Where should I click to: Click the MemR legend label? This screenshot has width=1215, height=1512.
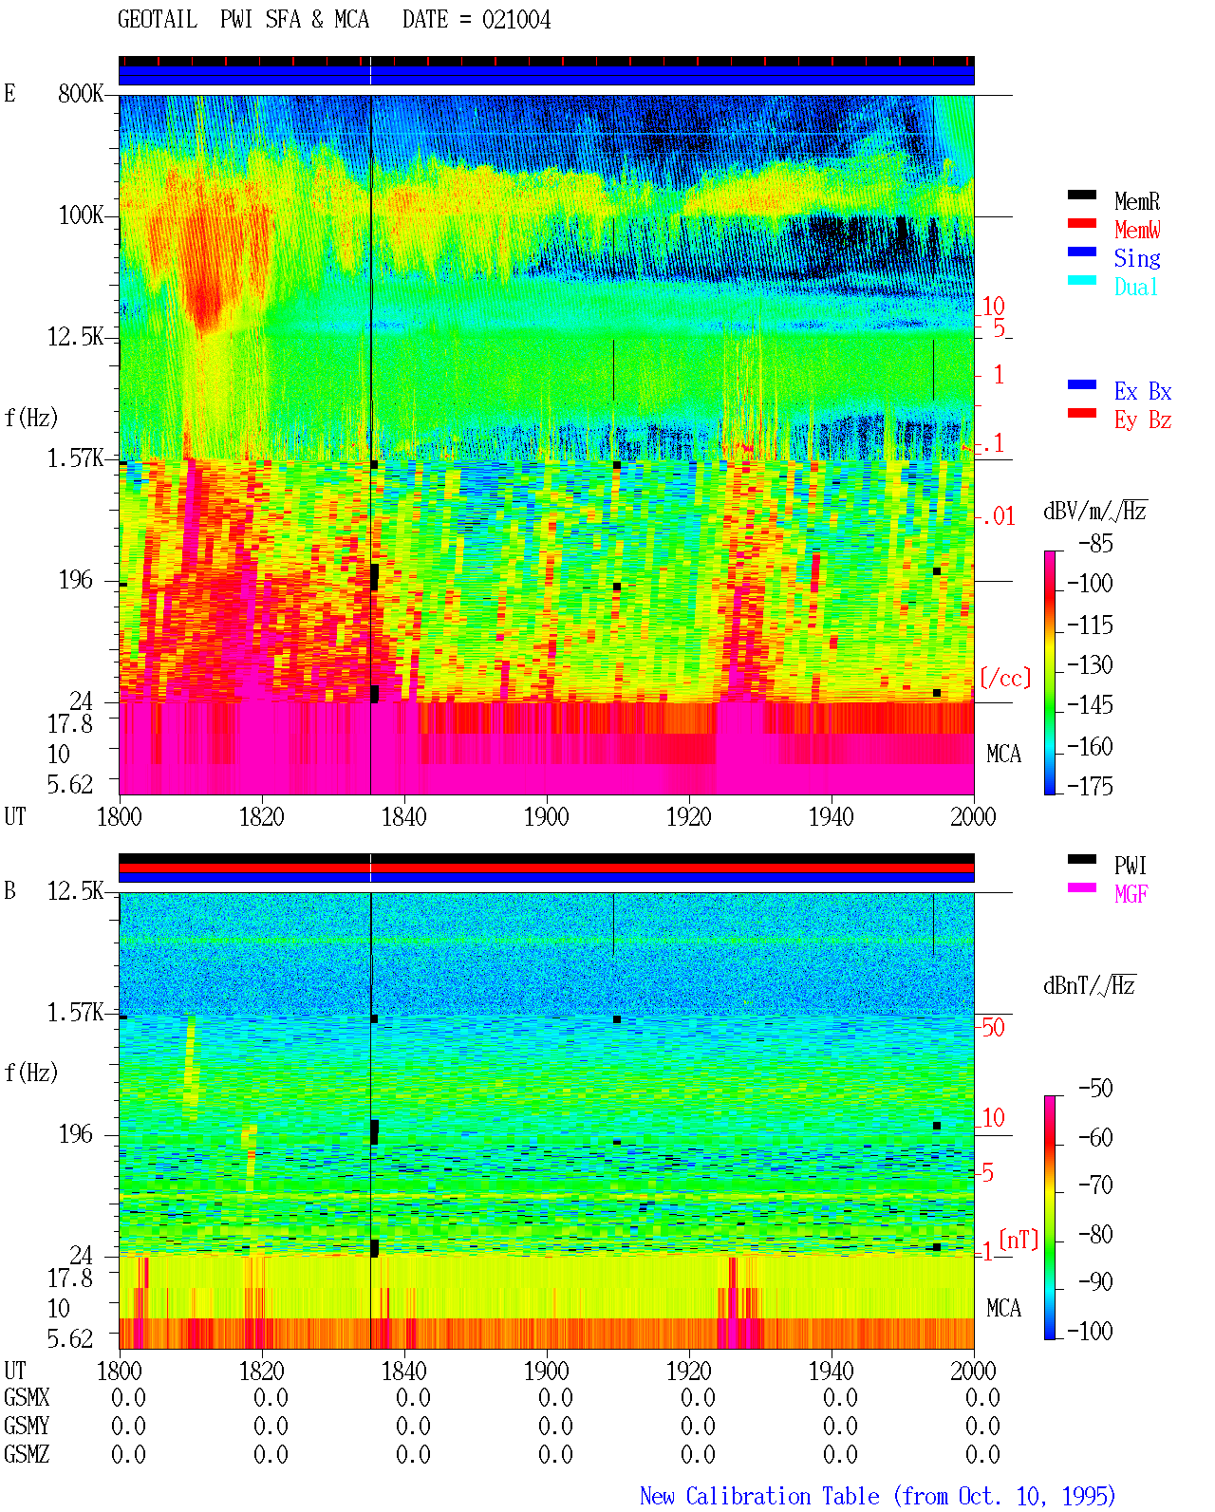(1136, 201)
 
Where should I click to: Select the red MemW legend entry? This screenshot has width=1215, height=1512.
(1136, 230)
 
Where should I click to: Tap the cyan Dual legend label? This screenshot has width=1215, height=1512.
(1135, 287)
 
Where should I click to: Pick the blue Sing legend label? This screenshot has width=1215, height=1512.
(1136, 258)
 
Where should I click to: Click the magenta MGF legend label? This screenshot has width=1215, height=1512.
(1131, 894)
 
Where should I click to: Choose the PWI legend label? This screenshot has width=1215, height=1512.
(1130, 865)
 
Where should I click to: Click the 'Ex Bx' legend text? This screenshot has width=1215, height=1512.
(1142, 391)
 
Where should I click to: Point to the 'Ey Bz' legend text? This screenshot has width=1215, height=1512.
(1142, 420)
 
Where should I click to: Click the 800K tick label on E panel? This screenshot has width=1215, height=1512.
(80, 93)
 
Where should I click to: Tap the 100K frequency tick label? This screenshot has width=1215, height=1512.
(80, 215)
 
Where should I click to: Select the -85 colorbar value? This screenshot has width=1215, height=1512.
(1094, 543)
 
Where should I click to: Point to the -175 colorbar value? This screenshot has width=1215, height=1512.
(1089, 786)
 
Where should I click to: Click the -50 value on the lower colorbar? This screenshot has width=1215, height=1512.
(1094, 1088)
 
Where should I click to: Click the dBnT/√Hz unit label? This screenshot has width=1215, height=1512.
(1089, 985)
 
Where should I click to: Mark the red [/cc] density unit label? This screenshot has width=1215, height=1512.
(1005, 678)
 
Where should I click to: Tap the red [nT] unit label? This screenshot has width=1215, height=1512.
(1019, 1240)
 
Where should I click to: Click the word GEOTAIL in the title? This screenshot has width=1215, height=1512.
(158, 19)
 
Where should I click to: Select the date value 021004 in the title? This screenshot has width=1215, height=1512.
(515, 19)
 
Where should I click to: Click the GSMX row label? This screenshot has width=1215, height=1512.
(27, 1397)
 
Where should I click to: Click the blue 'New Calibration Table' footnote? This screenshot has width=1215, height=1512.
(759, 1496)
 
